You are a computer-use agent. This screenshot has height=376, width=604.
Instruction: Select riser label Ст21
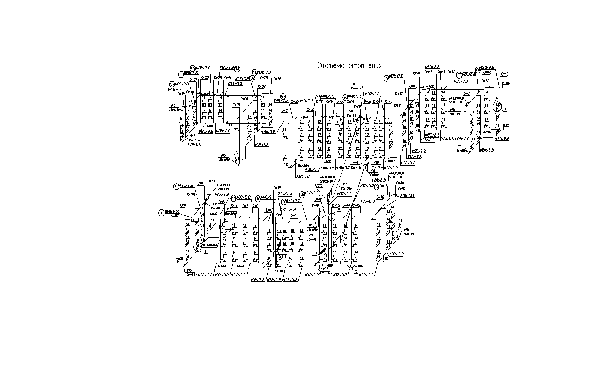pos(194,79)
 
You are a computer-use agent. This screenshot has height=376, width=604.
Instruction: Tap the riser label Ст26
pos(277,79)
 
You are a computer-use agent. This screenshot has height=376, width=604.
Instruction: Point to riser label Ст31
pos(284,110)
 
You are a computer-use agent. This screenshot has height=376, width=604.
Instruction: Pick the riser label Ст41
pos(398,105)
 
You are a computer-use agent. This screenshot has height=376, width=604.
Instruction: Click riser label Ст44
pos(418,72)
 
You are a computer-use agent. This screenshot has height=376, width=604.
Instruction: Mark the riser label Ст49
pos(505,74)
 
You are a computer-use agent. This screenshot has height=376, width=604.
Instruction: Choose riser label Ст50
pos(485,81)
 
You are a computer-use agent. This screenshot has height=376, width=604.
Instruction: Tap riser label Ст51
pos(467,93)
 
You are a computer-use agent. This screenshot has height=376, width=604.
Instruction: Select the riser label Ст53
pos(211,181)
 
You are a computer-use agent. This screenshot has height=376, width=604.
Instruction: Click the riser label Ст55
pos(277,188)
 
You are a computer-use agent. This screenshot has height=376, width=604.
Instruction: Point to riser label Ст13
pos(335,205)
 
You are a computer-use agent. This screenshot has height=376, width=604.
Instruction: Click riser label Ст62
pos(401,189)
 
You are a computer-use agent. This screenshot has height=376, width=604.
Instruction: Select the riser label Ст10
pos(191,194)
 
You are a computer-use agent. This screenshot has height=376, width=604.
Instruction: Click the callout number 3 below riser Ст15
pos(356,271)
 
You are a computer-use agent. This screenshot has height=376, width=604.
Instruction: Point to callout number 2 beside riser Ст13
pos(338,209)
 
